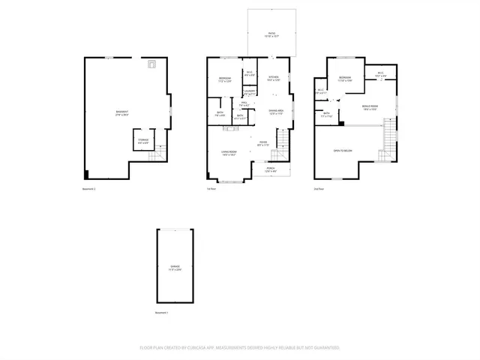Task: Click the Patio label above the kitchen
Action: click(271, 34)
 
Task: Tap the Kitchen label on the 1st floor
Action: click(274, 78)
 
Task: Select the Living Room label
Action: click(229, 153)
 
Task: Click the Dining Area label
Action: click(276, 112)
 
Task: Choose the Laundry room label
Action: click(250, 92)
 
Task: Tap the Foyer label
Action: click(263, 143)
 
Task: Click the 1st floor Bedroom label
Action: click(225, 79)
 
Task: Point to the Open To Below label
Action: click(343, 151)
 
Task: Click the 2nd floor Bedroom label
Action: click(345, 79)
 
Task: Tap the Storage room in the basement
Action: click(142, 140)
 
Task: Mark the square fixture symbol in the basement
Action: click(151, 65)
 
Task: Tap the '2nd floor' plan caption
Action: click(319, 188)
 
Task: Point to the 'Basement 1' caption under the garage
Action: click(162, 312)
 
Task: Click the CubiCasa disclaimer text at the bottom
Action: click(240, 347)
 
